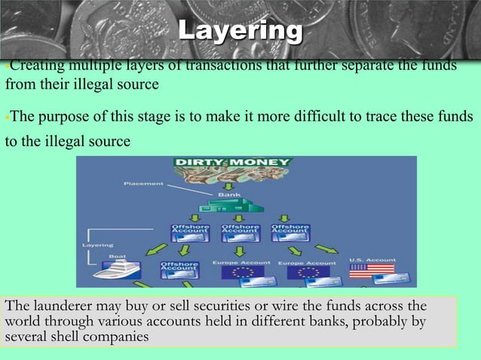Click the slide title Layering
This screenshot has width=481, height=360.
click(x=240, y=31)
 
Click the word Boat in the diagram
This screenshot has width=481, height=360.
click(x=118, y=256)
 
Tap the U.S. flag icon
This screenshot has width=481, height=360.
click(x=371, y=269)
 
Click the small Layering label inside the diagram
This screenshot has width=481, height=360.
click(x=97, y=245)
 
